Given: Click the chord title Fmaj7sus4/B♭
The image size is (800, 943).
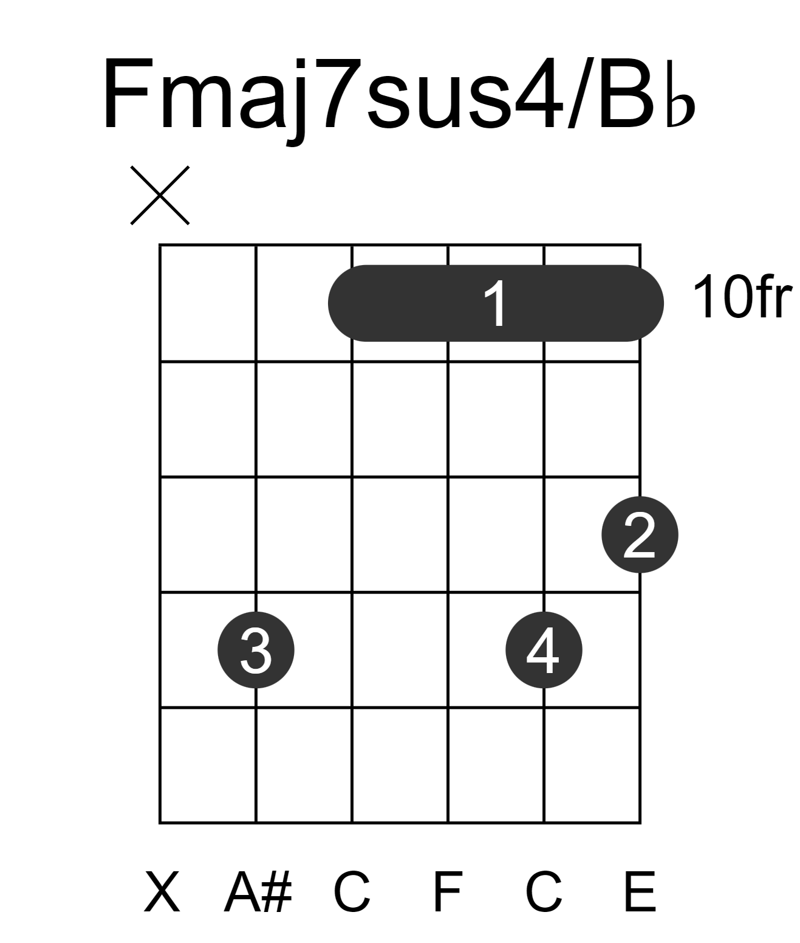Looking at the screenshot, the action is (399, 98).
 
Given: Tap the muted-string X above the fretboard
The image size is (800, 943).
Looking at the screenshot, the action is (160, 195).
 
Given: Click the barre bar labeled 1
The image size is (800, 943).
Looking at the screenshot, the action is (496, 303).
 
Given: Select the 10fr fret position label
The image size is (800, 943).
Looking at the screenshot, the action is (742, 297).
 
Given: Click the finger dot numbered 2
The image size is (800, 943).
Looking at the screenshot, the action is (640, 534).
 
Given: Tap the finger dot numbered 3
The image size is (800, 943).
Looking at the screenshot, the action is (256, 650).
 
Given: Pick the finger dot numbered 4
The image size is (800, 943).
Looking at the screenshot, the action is (544, 650).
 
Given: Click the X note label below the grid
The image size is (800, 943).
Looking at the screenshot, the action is (162, 891).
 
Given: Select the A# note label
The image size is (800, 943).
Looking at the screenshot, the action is (258, 891).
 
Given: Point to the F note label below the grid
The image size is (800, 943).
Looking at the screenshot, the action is (448, 891).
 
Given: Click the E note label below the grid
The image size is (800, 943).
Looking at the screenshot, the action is (640, 891).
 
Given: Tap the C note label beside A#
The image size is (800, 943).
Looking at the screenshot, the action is (352, 891).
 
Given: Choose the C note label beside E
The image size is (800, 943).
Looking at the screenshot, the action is (544, 891).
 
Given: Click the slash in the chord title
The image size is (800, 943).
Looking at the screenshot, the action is (581, 93).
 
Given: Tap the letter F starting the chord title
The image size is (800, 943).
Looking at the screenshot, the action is (127, 94).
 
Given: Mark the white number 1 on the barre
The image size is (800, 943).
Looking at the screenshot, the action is (495, 303).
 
